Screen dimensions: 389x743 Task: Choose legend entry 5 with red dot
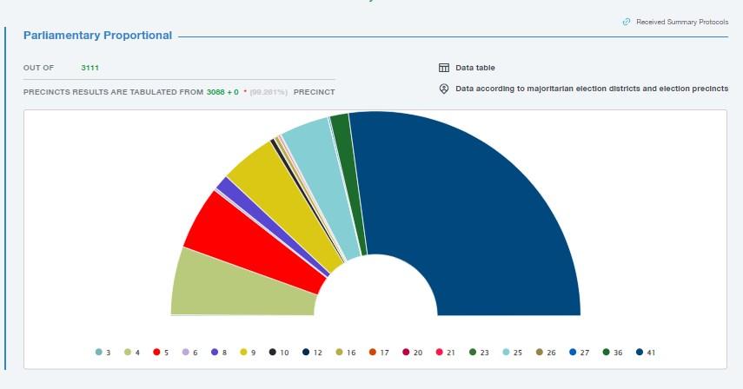click(x=162, y=353)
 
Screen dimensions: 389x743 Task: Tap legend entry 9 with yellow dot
click(x=248, y=353)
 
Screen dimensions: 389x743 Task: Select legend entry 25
click(x=512, y=353)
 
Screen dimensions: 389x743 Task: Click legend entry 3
click(x=103, y=353)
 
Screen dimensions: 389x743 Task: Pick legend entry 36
click(x=612, y=353)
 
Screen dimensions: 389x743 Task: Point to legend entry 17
click(x=378, y=353)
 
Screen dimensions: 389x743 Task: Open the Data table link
click(x=475, y=68)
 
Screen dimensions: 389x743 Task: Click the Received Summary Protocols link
click(x=681, y=22)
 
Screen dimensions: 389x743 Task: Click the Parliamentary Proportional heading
click(x=97, y=36)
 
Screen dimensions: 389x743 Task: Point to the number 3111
click(x=90, y=68)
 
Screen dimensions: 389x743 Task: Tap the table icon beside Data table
click(x=443, y=68)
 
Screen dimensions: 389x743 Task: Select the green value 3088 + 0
click(x=222, y=91)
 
